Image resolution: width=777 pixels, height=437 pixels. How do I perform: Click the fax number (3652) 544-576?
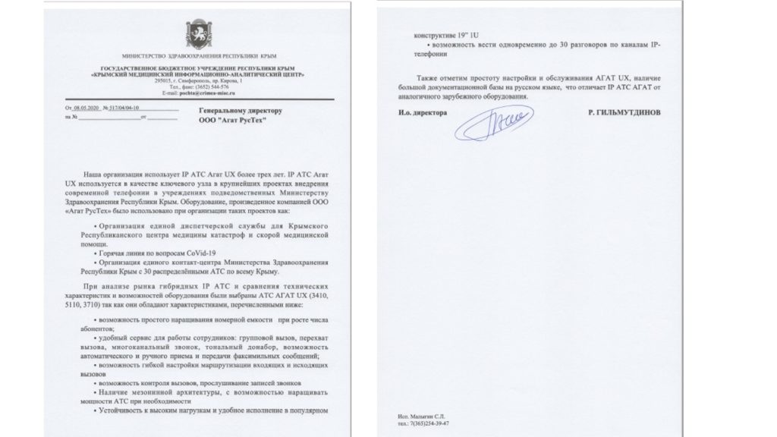point(199,86)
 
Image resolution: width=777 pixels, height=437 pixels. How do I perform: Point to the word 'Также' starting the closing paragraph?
point(428,78)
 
